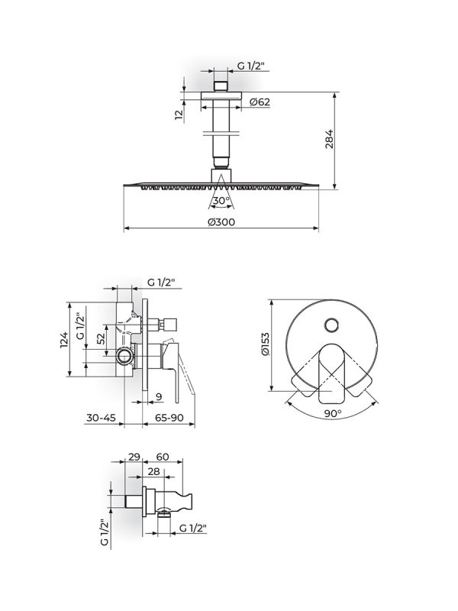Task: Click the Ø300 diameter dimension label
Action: click(x=220, y=222)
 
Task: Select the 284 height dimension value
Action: click(x=329, y=141)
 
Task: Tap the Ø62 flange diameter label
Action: click(x=258, y=102)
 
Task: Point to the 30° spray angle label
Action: click(x=221, y=201)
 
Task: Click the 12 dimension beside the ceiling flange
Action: click(x=179, y=115)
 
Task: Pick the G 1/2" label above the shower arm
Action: click(x=250, y=66)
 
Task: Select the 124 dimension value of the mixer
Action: click(x=65, y=338)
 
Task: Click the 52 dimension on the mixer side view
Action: click(x=100, y=337)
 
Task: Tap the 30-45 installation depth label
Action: click(x=101, y=418)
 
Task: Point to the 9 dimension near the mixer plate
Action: click(x=157, y=396)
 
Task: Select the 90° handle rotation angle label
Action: click(x=332, y=413)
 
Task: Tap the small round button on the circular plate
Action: click(x=332, y=326)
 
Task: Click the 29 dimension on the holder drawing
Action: click(x=134, y=456)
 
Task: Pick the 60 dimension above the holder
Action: click(x=162, y=456)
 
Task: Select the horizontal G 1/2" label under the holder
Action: click(x=192, y=528)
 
